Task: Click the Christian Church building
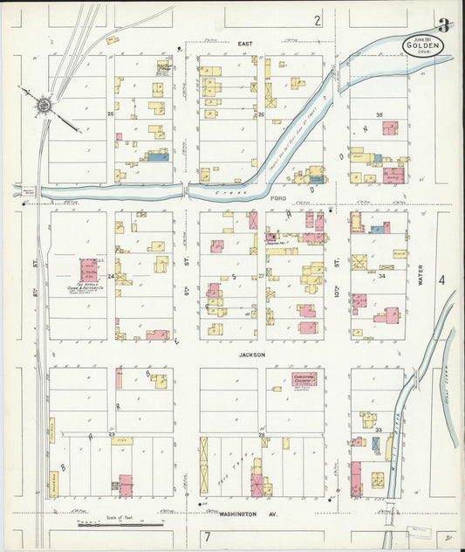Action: [304, 379]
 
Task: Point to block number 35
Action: [379, 115]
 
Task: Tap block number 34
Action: [381, 275]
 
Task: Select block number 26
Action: [261, 114]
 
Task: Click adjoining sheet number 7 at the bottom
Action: [208, 535]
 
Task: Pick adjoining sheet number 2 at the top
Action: [318, 19]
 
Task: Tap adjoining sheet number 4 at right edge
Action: [441, 280]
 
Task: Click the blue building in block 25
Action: [156, 157]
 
